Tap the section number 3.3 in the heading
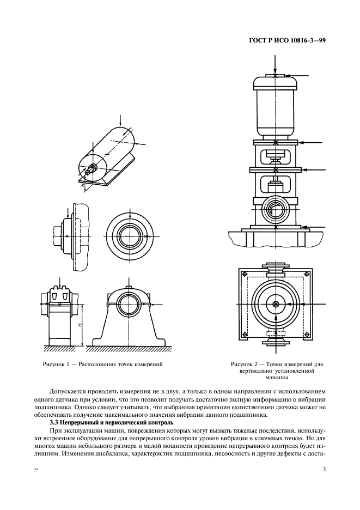point(54,422)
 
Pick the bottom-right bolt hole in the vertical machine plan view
point(310,333)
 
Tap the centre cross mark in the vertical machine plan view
point(277,304)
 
